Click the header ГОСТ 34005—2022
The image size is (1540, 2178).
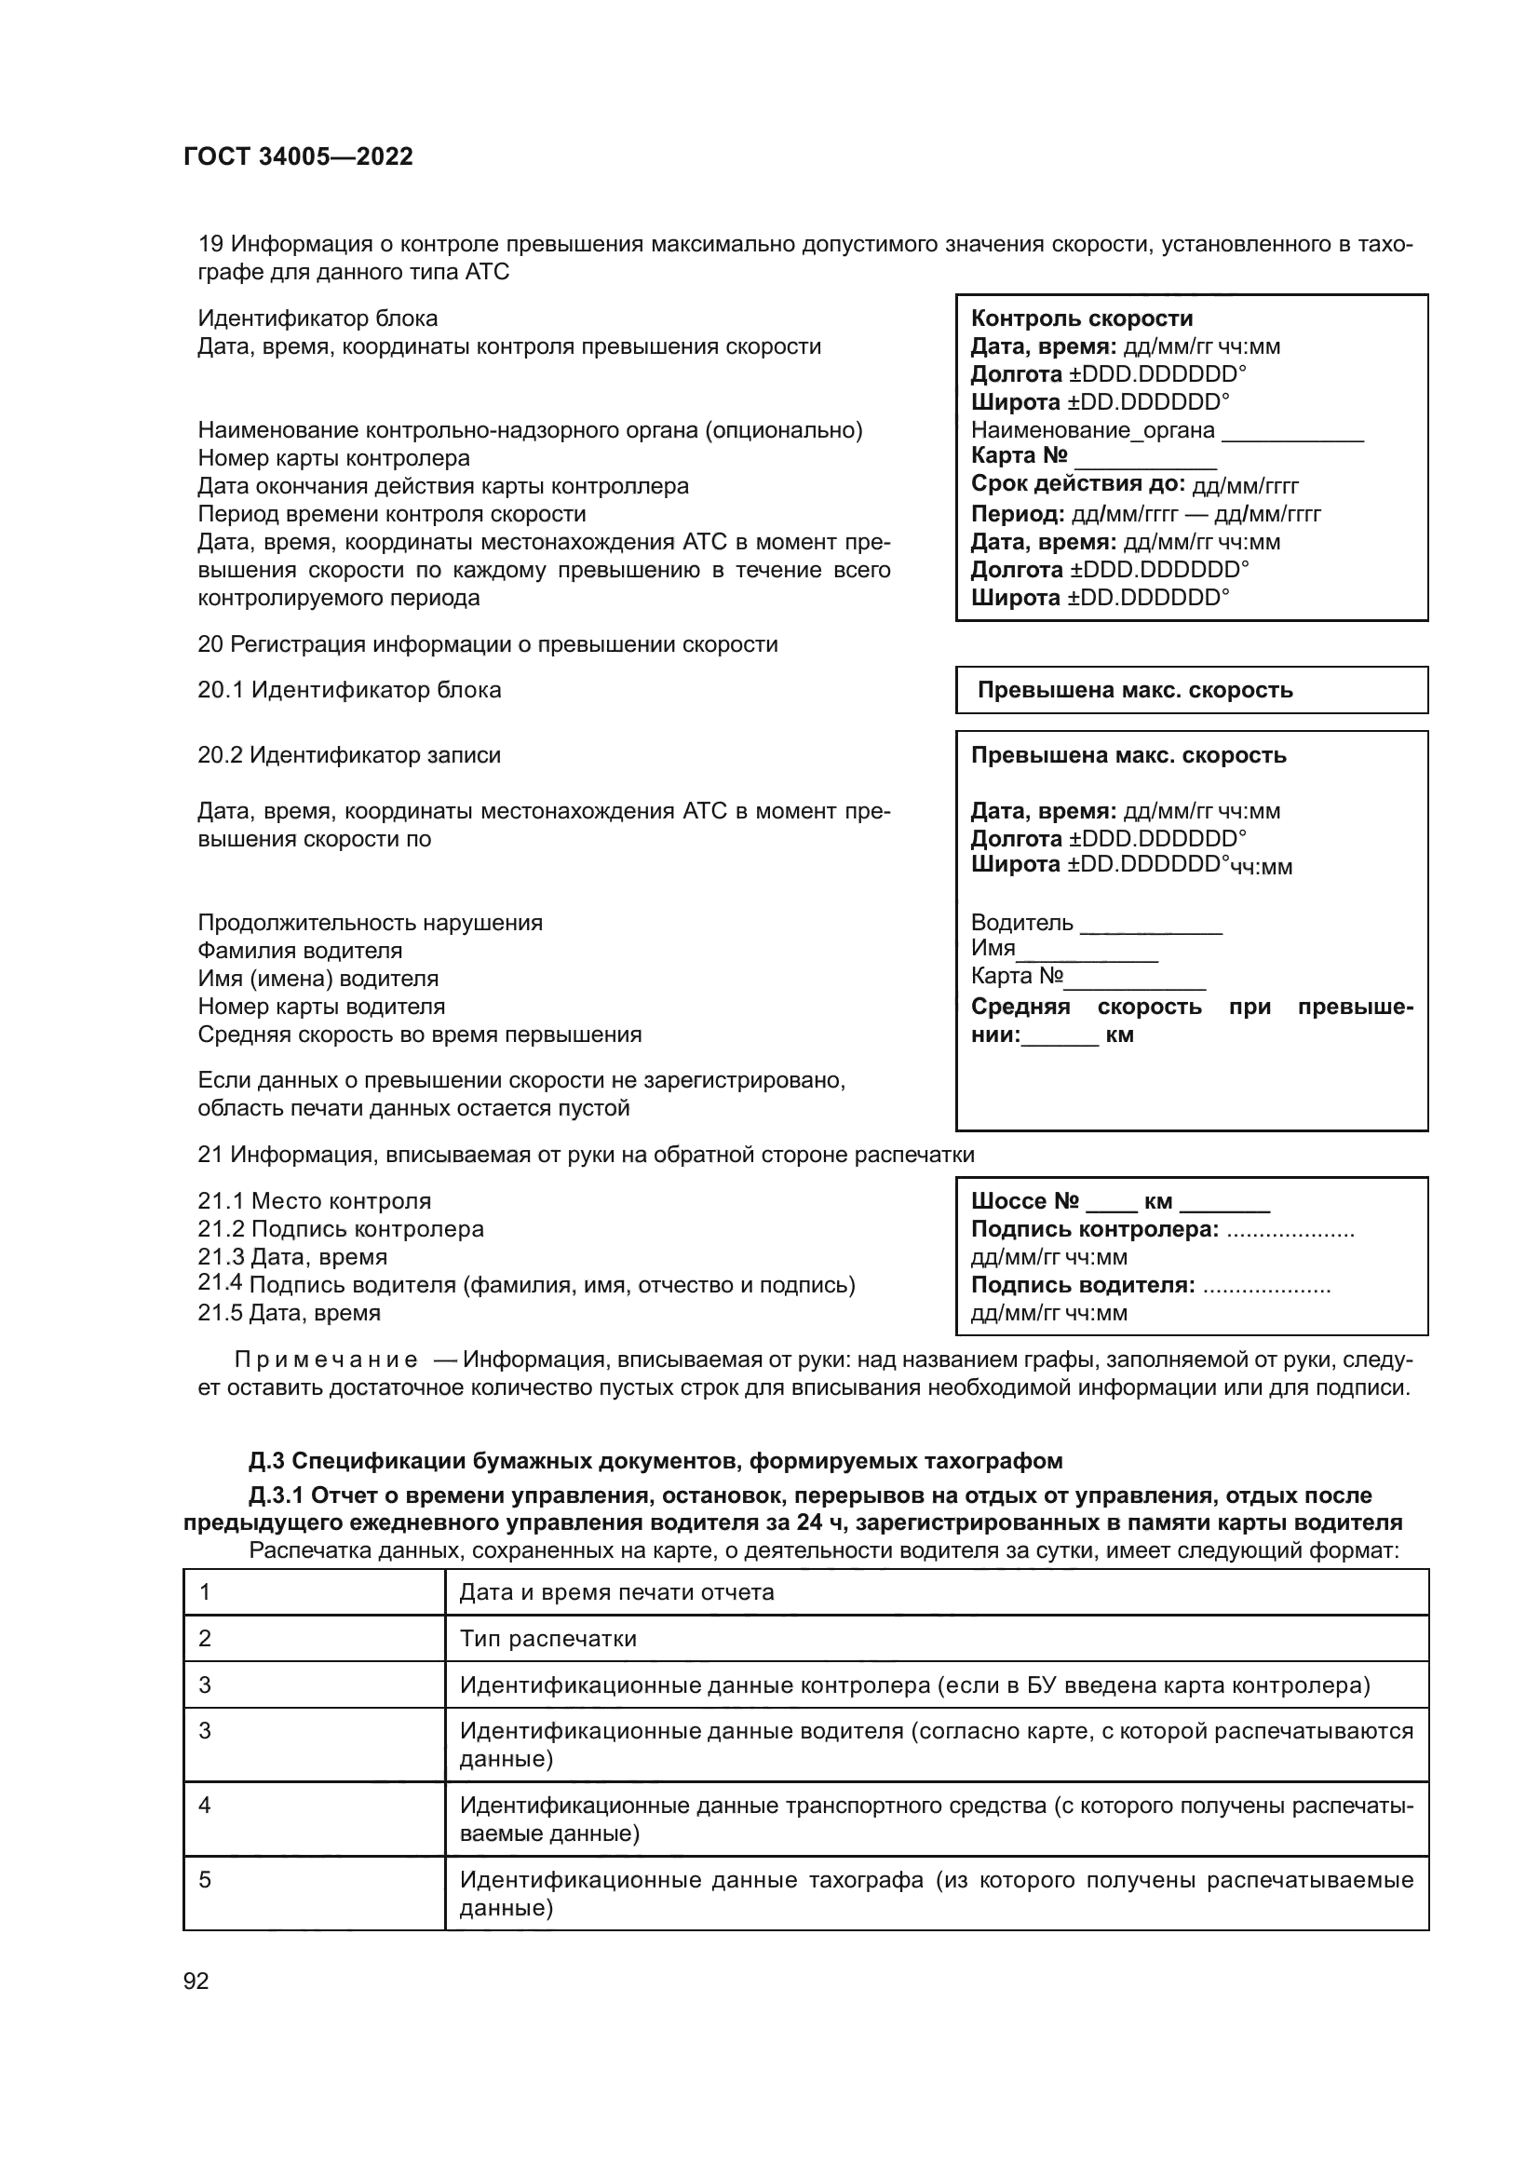(298, 157)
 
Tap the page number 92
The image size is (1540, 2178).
(196, 1981)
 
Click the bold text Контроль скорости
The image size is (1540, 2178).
(1081, 318)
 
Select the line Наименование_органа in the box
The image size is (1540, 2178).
(1092, 431)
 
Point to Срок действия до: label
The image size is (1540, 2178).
(1077, 485)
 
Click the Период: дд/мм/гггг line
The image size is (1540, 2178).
(1144, 514)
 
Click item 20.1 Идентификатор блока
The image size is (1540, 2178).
(349, 691)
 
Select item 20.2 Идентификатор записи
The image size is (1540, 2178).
(349, 756)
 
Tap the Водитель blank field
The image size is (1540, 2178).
(1150, 925)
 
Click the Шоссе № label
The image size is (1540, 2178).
(1024, 1202)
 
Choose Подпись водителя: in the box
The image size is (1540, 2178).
(1082, 1286)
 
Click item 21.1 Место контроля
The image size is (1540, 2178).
(314, 1202)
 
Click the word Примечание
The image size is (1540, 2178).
(325, 1360)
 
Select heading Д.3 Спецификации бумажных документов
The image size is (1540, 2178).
(655, 1461)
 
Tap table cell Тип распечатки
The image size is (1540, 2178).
(548, 1639)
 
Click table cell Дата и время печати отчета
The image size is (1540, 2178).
(616, 1592)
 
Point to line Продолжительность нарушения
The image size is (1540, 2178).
(370, 923)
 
